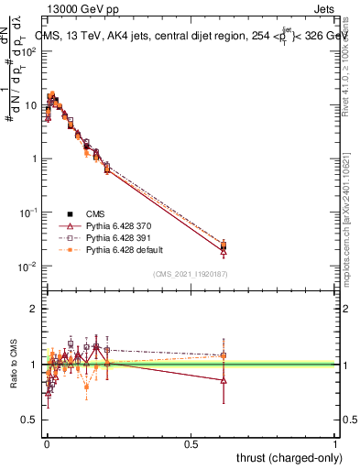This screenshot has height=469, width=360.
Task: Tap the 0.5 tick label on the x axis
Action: pyautogui.click(x=191, y=442)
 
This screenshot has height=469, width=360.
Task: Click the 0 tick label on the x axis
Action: pyautogui.click(x=47, y=442)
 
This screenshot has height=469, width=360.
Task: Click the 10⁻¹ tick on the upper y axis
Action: pyautogui.click(x=29, y=212)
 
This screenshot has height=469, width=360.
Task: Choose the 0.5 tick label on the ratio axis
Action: pyautogui.click(x=30, y=420)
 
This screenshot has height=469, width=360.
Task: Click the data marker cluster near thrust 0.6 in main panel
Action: pyautogui.click(x=224, y=245)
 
